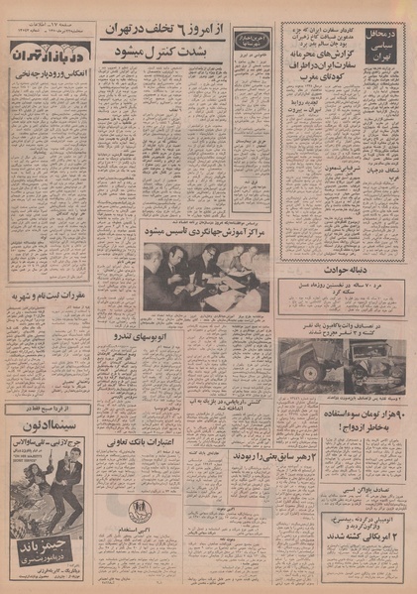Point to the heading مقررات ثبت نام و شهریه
(51, 295)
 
